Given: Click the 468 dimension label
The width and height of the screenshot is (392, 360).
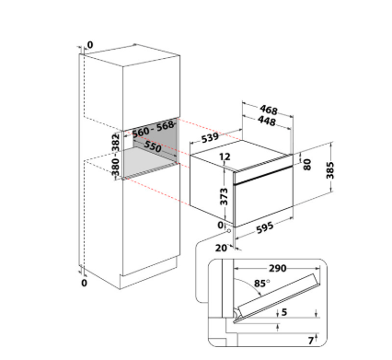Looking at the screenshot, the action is [x=269, y=110].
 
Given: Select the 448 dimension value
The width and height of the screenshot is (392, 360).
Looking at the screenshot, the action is [x=267, y=121].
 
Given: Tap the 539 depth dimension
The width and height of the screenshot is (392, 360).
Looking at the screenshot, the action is [x=210, y=137].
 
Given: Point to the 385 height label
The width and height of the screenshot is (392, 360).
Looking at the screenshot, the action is [x=330, y=169].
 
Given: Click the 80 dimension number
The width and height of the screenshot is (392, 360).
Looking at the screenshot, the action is [x=307, y=164].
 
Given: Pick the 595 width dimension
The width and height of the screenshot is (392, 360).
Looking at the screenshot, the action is [x=264, y=227].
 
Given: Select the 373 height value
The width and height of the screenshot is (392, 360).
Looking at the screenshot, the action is [x=225, y=196].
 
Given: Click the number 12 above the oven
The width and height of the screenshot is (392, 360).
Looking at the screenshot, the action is [x=225, y=157].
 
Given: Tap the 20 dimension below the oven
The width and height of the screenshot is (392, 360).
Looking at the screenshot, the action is [x=221, y=248].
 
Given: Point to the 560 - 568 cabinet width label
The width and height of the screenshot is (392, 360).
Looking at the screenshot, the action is [x=154, y=129].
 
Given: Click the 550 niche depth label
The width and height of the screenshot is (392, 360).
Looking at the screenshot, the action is [x=153, y=146].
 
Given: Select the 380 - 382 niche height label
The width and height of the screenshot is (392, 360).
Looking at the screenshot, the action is [x=116, y=155].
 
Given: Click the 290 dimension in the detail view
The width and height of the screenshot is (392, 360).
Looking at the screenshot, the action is [x=278, y=268].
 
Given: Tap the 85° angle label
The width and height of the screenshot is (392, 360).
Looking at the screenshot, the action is [x=261, y=283].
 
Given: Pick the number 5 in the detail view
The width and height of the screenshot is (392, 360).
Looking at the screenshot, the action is [x=284, y=312].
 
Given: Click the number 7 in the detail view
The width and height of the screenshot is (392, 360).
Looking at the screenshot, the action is [x=311, y=341].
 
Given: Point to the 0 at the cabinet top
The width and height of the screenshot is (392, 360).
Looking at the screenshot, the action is [x=90, y=45].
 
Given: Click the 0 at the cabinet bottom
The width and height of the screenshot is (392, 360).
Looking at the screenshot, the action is [x=85, y=283].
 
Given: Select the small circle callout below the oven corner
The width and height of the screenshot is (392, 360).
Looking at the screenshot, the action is [x=228, y=230].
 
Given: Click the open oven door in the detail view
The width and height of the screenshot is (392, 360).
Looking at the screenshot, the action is [x=276, y=297].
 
